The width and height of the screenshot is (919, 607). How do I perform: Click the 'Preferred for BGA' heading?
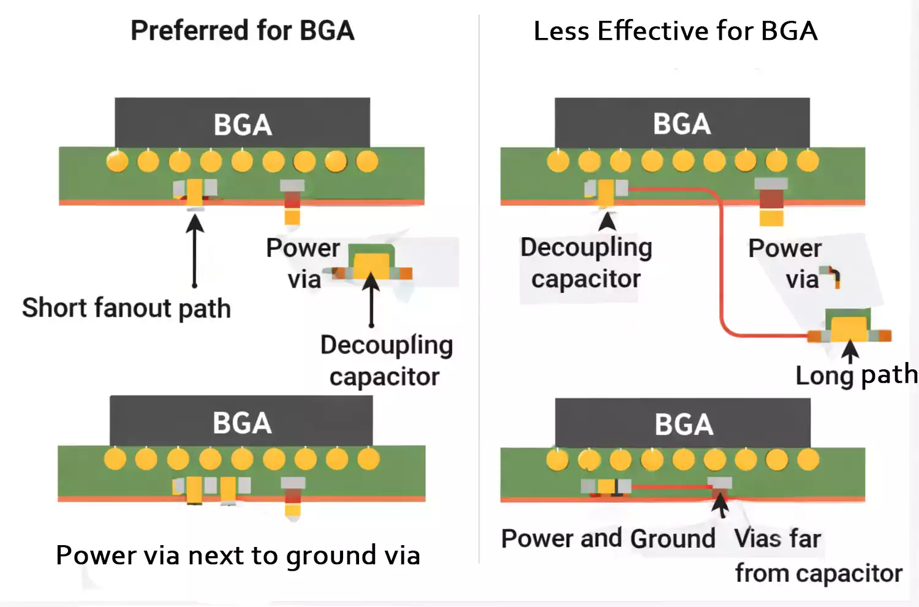tap(242, 31)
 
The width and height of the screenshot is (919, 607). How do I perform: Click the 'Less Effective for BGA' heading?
tap(675, 31)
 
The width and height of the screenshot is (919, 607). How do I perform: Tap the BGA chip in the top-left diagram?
tap(242, 123)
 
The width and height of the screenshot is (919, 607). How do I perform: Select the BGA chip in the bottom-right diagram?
tap(683, 423)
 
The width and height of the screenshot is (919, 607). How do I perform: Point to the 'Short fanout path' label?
tap(126, 307)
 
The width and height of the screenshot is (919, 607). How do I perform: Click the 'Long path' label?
tap(856, 375)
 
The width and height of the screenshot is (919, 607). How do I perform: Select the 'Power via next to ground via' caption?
tap(238, 555)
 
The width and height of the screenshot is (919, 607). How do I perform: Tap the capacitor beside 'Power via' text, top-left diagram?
tap(372, 263)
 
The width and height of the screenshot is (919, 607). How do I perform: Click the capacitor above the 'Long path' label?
tap(849, 326)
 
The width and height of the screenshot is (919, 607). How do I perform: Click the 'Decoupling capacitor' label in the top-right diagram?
tap(586, 263)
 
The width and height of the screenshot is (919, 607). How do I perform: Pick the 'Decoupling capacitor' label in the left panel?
tap(386, 361)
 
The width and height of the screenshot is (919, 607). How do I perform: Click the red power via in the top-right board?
tap(771, 199)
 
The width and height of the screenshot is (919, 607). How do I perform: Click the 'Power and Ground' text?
tap(608, 538)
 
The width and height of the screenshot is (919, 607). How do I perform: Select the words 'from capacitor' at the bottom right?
tap(818, 573)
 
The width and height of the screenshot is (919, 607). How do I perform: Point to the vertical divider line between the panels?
tap(479, 288)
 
